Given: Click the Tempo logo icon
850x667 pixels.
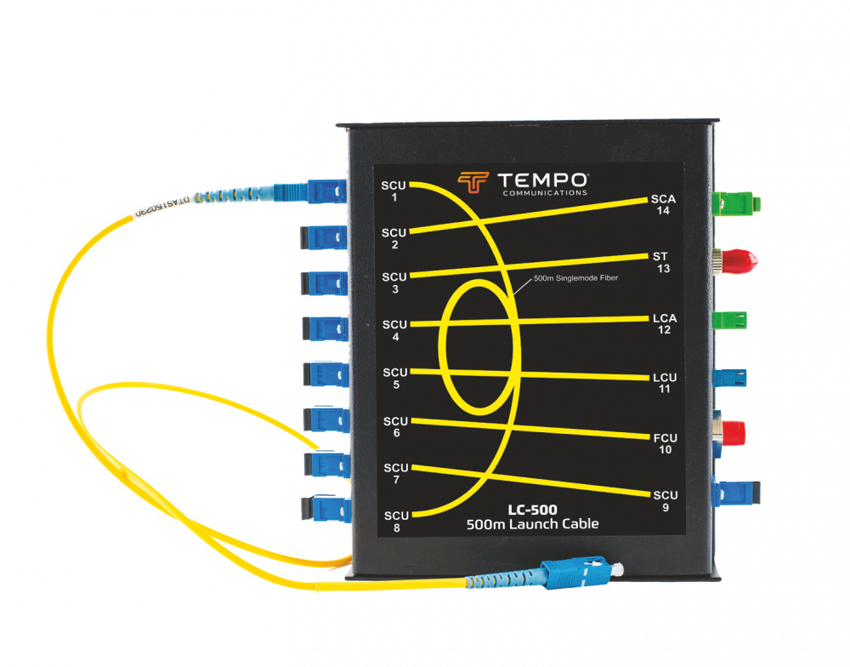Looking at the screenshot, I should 473,183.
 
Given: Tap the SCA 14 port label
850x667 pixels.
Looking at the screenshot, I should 663,204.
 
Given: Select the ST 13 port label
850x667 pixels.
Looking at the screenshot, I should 662,261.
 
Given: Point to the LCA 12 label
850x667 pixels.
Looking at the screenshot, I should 664,323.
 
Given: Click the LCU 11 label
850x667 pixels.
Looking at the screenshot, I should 664,382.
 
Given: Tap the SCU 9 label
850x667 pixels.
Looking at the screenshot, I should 665,500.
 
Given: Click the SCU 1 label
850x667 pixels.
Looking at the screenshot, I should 394,190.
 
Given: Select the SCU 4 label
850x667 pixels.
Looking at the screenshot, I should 394,330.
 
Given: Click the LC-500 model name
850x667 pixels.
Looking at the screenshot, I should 532,510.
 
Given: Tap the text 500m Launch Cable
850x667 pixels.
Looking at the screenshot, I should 532,524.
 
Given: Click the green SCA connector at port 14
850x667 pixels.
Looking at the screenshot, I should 738,202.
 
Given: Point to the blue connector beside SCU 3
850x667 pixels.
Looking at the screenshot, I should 325,282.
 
